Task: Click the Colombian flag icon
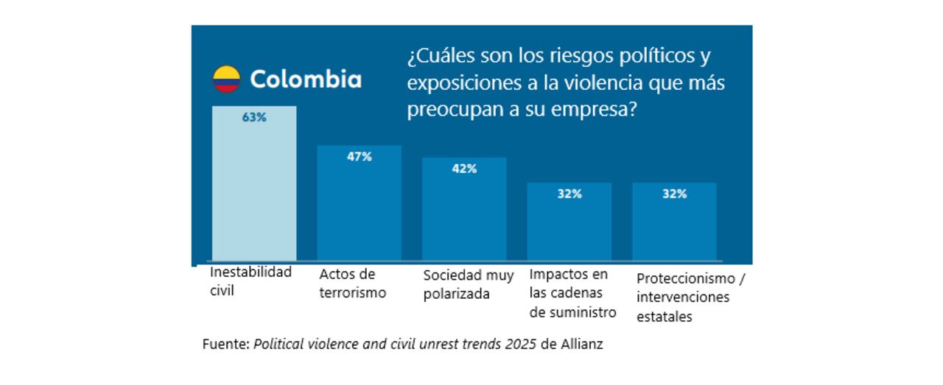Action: (x=227, y=80)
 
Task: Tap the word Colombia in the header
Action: (x=306, y=80)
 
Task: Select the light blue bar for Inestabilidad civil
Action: (x=254, y=191)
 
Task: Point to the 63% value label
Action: (x=254, y=117)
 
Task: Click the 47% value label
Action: (x=360, y=156)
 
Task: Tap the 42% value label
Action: (x=464, y=169)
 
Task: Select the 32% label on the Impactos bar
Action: (x=569, y=194)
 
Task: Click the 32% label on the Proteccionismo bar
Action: (x=674, y=194)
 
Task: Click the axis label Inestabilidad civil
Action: (x=250, y=280)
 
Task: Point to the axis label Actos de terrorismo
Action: (x=352, y=283)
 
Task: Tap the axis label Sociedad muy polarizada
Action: (x=469, y=284)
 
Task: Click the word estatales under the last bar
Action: (x=665, y=317)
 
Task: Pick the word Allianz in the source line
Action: (x=582, y=344)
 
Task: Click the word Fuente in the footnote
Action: (x=225, y=344)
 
